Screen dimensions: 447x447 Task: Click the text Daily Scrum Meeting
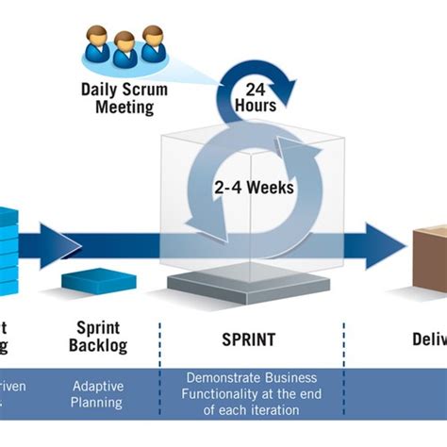pos(125,98)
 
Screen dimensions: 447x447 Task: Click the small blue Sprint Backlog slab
pos(98,279)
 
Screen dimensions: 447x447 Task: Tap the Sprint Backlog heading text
pos(97,338)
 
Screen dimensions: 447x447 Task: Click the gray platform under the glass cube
pos(250,285)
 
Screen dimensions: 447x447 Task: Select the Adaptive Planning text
pos(97,394)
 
